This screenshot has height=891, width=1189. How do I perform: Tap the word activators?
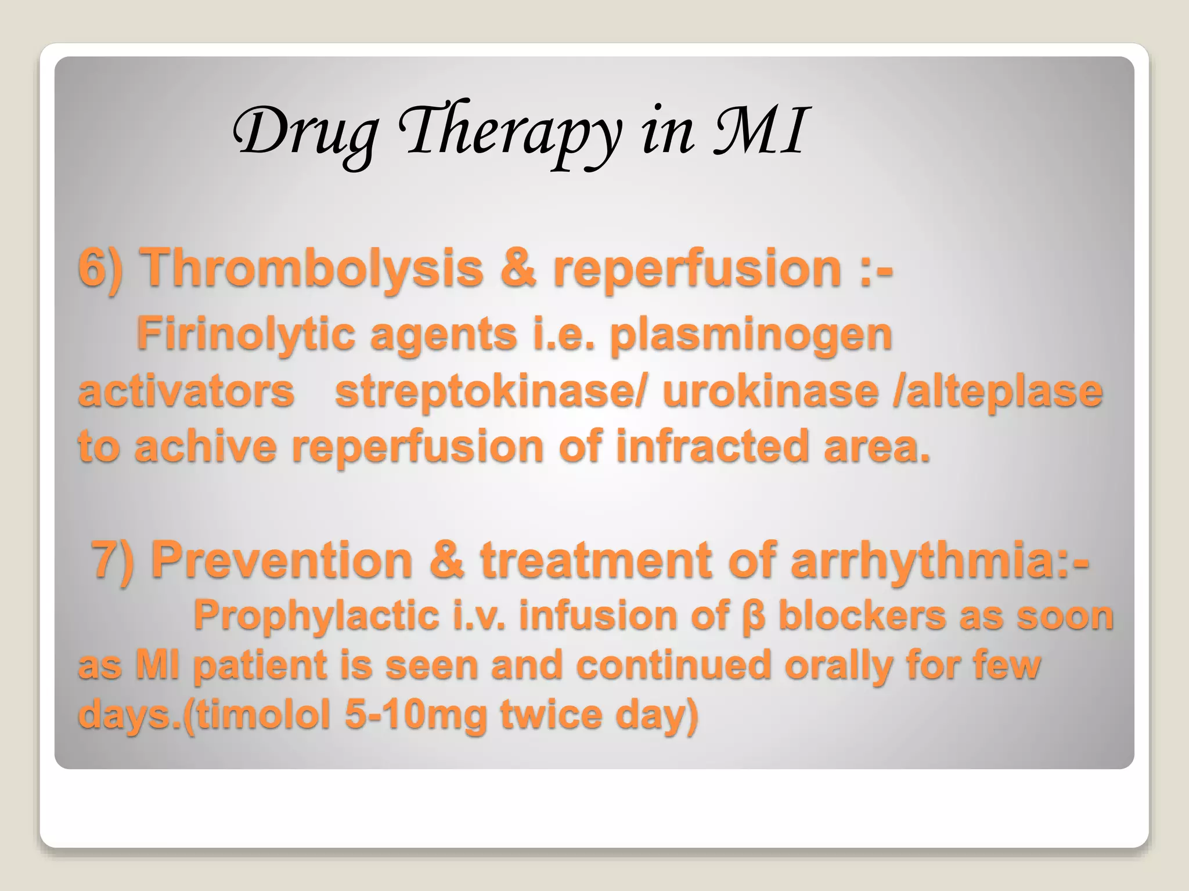coord(186,391)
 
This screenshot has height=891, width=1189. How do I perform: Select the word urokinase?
coord(770,391)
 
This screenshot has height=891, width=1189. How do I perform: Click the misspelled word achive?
coord(206,446)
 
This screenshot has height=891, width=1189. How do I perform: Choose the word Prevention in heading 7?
coord(282,560)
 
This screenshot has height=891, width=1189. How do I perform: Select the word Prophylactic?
coord(316,615)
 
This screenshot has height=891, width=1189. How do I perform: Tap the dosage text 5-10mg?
coord(416,715)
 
